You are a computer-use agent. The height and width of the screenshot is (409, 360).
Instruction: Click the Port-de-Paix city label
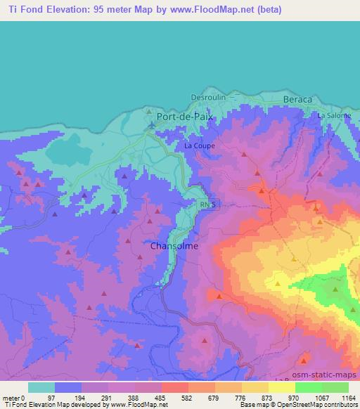click(186, 117)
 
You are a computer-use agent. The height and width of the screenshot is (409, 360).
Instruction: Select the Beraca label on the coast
click(297, 100)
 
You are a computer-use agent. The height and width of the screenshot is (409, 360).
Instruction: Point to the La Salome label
click(334, 115)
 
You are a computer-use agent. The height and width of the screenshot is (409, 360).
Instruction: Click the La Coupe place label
click(199, 145)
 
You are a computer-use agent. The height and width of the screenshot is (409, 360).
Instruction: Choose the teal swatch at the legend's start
click(41, 388)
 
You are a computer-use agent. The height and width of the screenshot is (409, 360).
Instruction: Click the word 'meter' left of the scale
click(12, 397)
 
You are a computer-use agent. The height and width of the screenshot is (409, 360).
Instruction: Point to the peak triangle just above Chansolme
click(150, 220)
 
